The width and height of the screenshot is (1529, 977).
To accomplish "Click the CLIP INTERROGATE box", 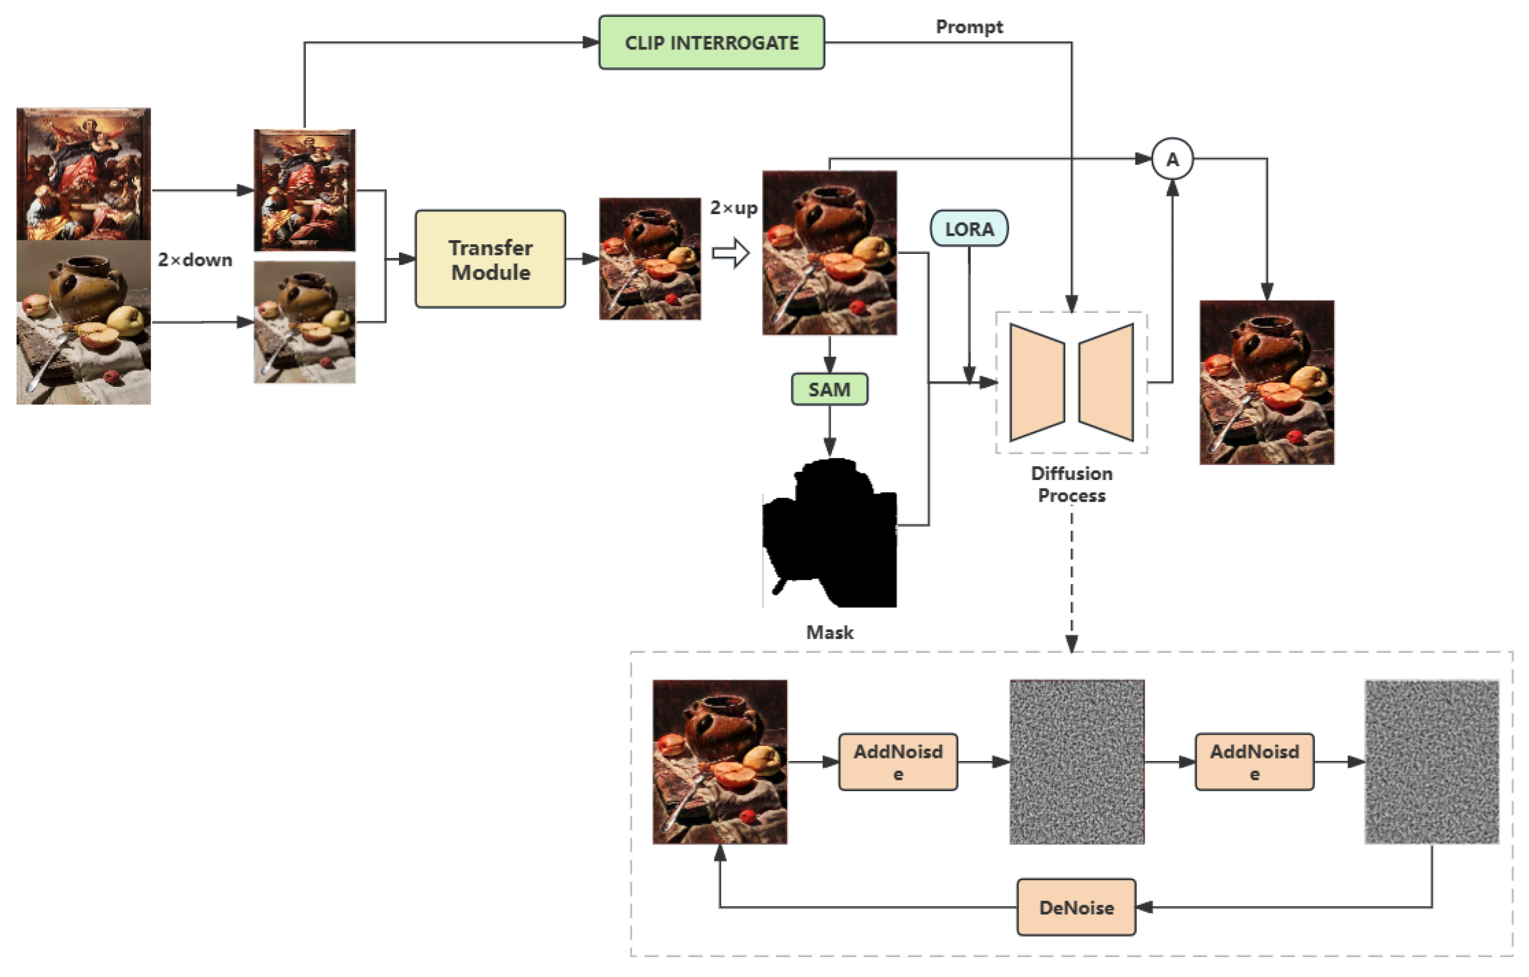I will pos(711,43).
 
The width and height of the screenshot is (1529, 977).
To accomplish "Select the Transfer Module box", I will pos(490,259).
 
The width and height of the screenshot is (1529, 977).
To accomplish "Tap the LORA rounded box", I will pos(968,229).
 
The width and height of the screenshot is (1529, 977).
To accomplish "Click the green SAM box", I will pos(829,389).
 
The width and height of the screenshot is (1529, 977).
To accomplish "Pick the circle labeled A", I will pos(1172,159).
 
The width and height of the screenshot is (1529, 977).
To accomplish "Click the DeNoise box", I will pos(1076,907).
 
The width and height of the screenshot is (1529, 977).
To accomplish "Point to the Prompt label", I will pos(969,26).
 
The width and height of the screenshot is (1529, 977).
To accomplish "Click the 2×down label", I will pos(195,260).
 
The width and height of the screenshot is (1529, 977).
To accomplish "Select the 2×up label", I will pos(734,208).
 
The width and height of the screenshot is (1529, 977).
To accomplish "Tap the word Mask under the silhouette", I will pos(829,632).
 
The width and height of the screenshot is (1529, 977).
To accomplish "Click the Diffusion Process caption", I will pos(1071,484).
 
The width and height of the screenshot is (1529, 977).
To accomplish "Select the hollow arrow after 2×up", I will pos(731,253).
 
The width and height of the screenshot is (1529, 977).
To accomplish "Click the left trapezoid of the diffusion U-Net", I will pos(1037,383).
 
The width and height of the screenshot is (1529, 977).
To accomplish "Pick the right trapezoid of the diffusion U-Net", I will pos(1106,383).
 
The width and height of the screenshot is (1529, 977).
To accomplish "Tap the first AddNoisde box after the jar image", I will pos(898,762).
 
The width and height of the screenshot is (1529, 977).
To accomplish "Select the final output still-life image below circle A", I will pos(1266,383).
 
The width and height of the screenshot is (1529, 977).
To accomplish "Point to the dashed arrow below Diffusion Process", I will pos(1072,581).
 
